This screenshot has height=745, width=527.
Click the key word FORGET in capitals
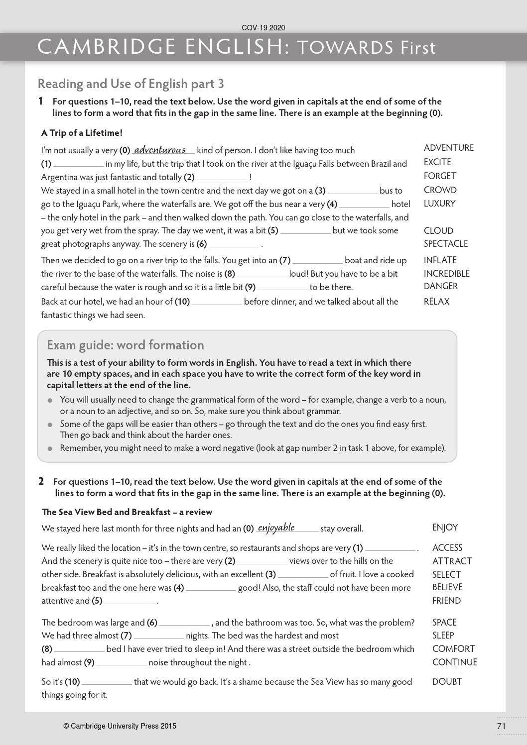pyautogui.click(x=440, y=176)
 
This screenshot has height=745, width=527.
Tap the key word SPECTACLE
pyautogui.click(x=446, y=244)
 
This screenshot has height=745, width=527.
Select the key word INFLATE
pyautogui.click(x=440, y=260)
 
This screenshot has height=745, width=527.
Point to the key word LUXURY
pyautogui.click(x=439, y=204)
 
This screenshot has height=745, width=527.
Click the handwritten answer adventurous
pyautogui.click(x=160, y=150)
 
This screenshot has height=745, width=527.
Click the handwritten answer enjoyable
pyautogui.click(x=276, y=528)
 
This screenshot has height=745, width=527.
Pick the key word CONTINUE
pyautogui.click(x=454, y=662)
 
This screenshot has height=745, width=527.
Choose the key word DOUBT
pyautogui.click(x=447, y=682)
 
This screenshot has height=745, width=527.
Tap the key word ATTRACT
pyautogui.click(x=452, y=561)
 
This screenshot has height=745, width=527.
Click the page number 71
pyautogui.click(x=501, y=726)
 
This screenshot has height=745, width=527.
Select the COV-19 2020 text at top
pyautogui.click(x=263, y=28)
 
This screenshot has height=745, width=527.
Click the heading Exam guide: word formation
pyautogui.click(x=125, y=345)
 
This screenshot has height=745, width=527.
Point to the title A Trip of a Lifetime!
pyautogui.click(x=82, y=133)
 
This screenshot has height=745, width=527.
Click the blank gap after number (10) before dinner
pyautogui.click(x=217, y=302)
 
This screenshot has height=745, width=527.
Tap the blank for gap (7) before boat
pyautogui.click(x=317, y=261)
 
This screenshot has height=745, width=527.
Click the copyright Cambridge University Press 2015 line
pyautogui.click(x=120, y=726)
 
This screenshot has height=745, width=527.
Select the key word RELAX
pyautogui.click(x=436, y=302)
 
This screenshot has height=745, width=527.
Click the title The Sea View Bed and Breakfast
pyautogui.click(x=127, y=512)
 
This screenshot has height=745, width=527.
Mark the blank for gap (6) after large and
pyautogui.click(x=184, y=623)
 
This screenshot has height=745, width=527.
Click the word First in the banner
pyautogui.click(x=416, y=48)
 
